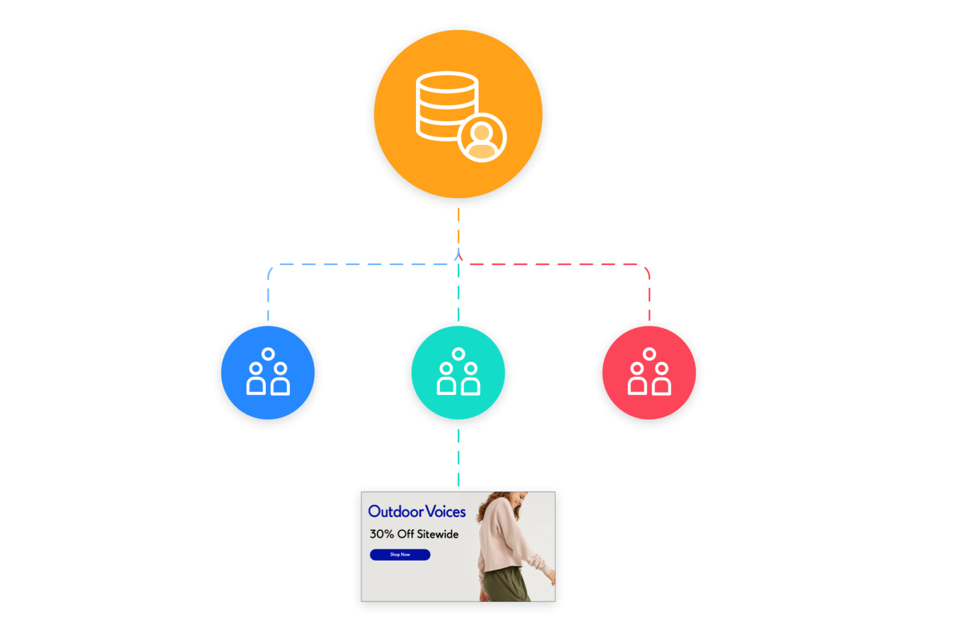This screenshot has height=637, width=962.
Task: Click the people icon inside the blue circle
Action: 268,373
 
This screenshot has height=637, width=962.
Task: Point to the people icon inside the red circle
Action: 649,373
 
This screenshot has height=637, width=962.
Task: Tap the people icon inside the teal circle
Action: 459,373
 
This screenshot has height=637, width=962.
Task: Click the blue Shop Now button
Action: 400,555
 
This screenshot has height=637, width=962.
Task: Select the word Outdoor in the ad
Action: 396,511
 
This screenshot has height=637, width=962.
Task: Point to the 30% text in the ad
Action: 382,534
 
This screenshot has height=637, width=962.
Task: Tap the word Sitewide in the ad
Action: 438,534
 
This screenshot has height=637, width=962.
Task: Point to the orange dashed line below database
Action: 459,225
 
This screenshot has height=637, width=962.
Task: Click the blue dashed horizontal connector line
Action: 361,264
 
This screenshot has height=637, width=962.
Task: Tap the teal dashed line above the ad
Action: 459,457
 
